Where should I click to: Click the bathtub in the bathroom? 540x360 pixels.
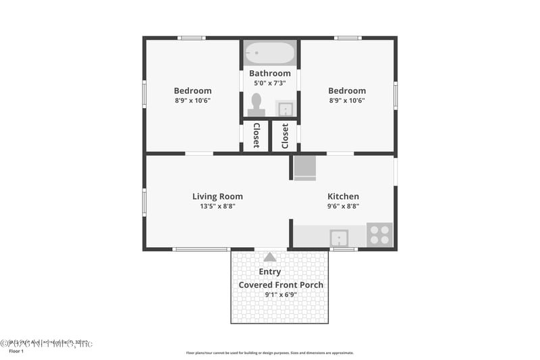(270, 53)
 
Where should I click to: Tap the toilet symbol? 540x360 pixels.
(256, 105)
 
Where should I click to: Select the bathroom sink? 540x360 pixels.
(286, 109)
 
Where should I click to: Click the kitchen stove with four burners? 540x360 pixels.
(379, 234)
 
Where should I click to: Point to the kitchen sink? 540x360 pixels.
(339, 237)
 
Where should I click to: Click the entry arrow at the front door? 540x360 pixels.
(270, 257)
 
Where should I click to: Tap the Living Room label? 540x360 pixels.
(217, 197)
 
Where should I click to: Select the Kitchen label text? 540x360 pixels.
(343, 197)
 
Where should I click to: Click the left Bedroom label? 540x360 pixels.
(192, 91)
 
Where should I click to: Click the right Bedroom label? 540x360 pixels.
(347, 91)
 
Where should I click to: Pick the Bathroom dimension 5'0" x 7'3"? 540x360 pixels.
(270, 83)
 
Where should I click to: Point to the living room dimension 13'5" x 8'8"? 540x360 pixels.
(217, 207)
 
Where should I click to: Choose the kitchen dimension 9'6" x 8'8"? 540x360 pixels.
(343, 207)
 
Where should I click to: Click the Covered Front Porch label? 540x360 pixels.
(281, 284)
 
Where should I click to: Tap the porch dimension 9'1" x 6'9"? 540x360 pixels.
(281, 294)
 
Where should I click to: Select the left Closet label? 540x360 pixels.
(256, 136)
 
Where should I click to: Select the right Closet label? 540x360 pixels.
(285, 136)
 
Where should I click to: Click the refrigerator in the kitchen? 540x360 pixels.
(304, 168)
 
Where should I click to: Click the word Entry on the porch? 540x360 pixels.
(270, 272)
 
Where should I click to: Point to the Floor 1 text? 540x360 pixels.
(16, 351)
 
